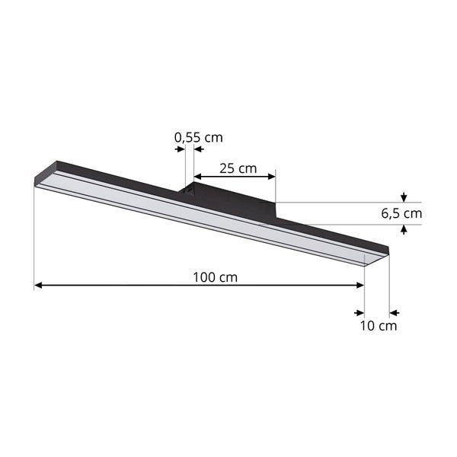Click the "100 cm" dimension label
pyautogui.click(x=213, y=276)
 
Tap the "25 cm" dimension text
pyautogui.click(x=238, y=167)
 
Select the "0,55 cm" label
pyautogui.click(x=199, y=138)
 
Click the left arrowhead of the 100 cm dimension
pyautogui.click(x=39, y=286)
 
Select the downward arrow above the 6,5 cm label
pyautogui.click(x=404, y=198)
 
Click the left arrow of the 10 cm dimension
pyautogui.click(x=359, y=312)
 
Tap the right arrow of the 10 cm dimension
pyautogui.click(x=395, y=312)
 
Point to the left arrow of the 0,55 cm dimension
pyautogui.click(x=181, y=149)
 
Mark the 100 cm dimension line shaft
pyautogui.click(x=137, y=286)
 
